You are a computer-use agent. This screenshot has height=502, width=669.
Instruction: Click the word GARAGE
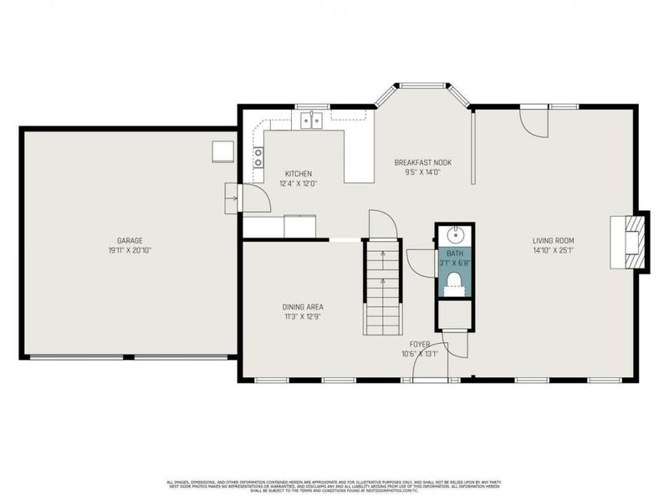(x=129, y=239)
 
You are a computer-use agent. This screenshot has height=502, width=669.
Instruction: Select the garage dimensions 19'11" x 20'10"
(x=129, y=249)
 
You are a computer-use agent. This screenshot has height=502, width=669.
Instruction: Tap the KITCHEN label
(x=298, y=174)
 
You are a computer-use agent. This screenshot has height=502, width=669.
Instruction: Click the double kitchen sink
(x=312, y=121)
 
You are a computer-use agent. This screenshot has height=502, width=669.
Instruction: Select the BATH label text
(x=455, y=254)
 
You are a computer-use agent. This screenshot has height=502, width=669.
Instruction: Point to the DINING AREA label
(x=303, y=307)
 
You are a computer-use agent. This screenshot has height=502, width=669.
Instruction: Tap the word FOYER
(x=420, y=344)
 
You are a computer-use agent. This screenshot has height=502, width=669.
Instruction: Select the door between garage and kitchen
(x=250, y=198)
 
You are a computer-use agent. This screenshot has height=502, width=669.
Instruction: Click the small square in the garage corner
(x=222, y=151)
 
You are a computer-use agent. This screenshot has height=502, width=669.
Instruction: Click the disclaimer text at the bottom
(x=334, y=485)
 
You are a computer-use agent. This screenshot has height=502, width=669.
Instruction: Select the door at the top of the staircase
(x=381, y=223)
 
